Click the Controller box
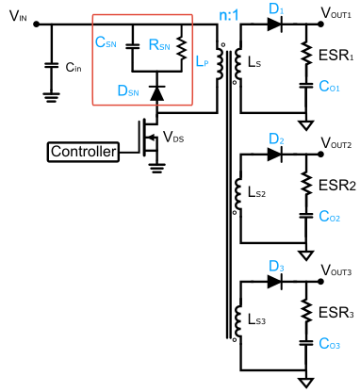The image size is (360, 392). coord(84,151)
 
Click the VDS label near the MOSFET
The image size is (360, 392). coord(173,138)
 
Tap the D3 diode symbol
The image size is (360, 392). coord(275,282)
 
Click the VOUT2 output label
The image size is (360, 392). coord(336,143)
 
